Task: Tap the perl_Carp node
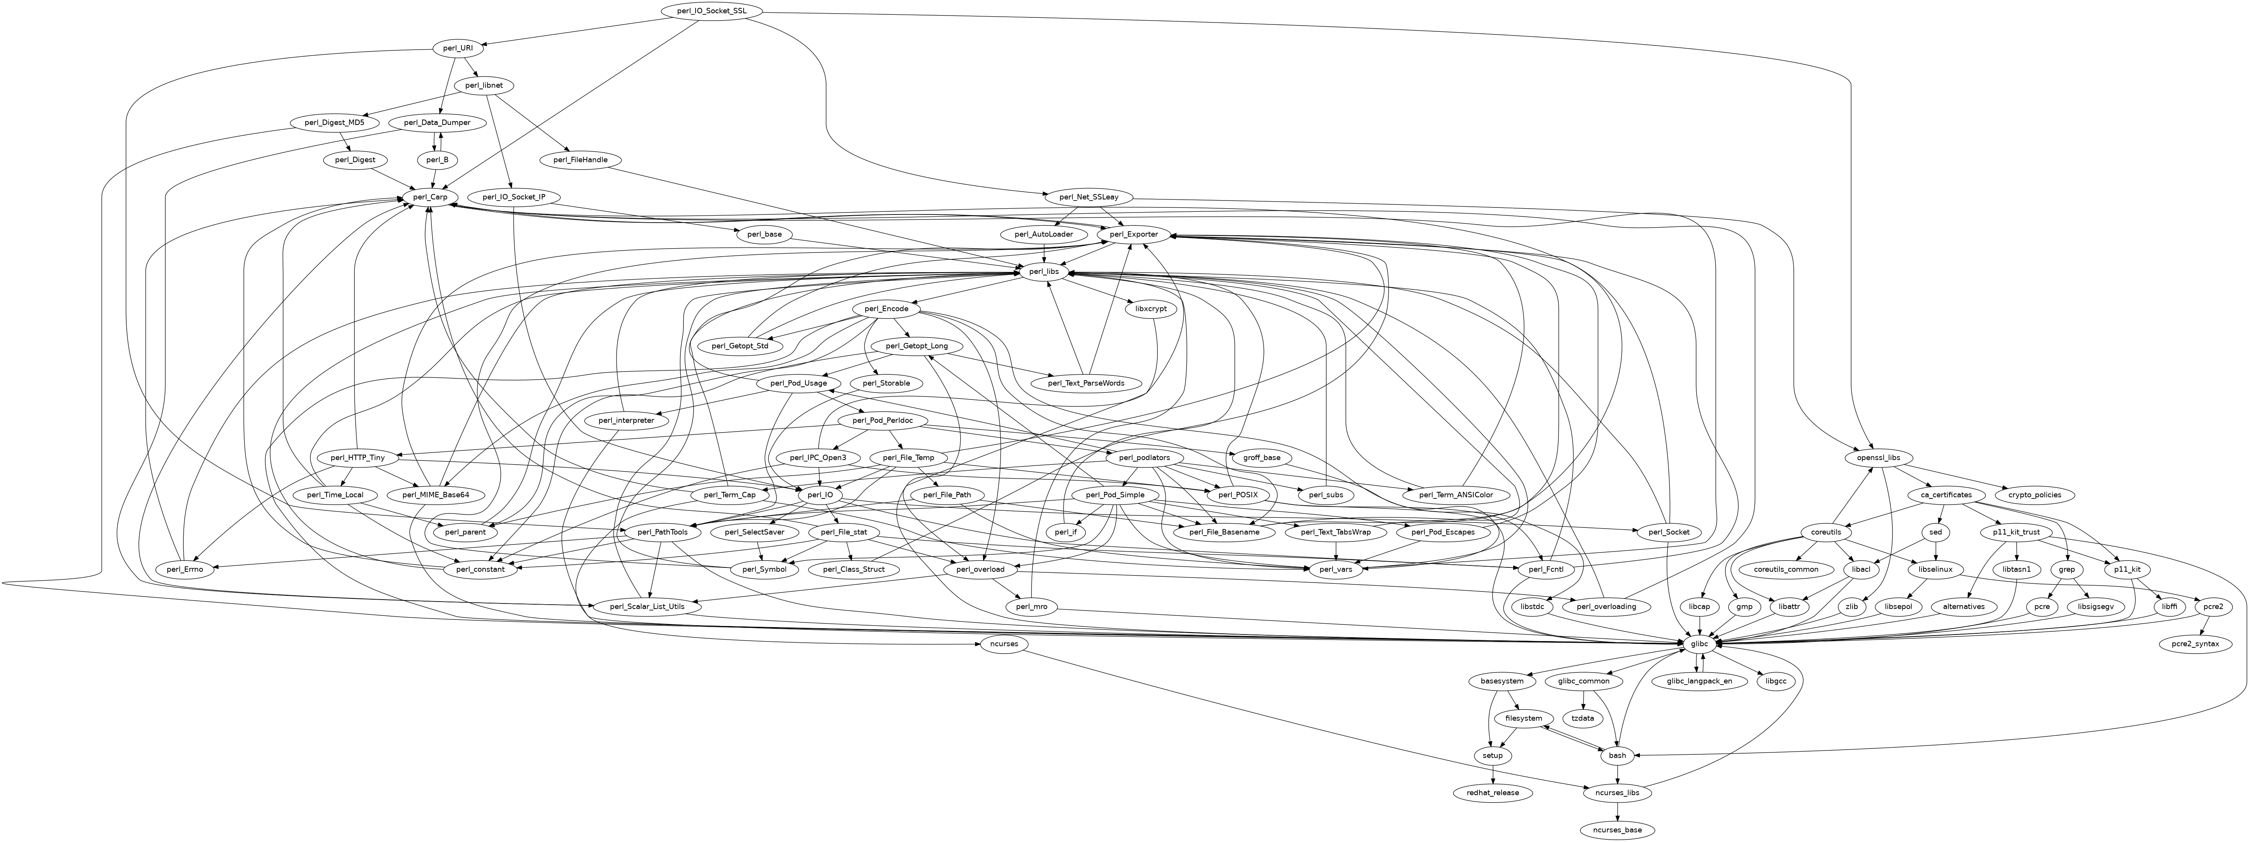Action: click(431, 197)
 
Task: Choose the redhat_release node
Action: click(1493, 792)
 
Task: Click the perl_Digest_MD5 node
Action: click(334, 122)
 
